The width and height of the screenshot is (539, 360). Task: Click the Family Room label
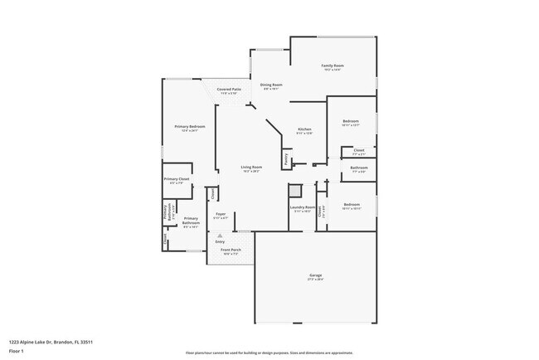333,66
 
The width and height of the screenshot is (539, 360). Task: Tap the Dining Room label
272,85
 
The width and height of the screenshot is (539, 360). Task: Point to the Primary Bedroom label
190,126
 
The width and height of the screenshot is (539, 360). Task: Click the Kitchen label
304,129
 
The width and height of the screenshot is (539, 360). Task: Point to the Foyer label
221,214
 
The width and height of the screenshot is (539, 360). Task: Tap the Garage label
316,275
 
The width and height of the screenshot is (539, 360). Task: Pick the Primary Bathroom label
191,221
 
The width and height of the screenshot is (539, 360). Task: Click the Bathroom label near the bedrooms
359,168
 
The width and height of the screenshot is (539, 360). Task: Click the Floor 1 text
17,351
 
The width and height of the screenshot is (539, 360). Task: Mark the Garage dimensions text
316,280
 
